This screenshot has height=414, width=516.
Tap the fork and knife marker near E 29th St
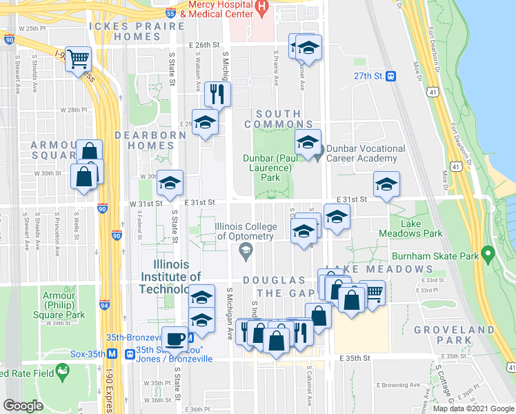coord(217,94)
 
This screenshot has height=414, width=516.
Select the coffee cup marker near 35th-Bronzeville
coord(176,338)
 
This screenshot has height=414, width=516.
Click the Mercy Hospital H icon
coord(261,6)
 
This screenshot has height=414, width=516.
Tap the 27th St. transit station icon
coord(390,76)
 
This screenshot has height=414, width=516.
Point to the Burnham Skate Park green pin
coord(489,255)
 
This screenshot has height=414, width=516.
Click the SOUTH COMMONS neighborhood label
coord(278,119)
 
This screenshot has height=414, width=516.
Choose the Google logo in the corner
coord(23,405)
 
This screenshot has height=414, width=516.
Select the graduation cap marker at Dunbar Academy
coord(308,143)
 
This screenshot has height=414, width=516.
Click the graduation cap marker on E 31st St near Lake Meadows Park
coord(386,184)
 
